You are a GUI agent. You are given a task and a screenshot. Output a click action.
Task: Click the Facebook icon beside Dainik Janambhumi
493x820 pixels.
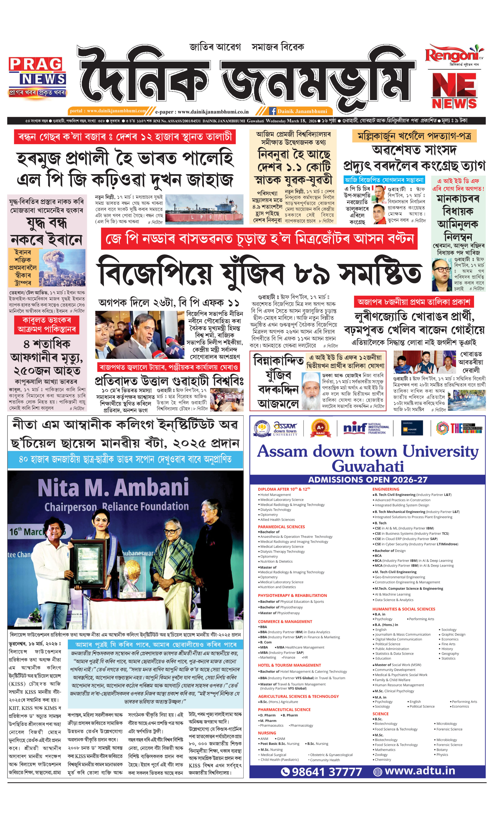click(273, 111)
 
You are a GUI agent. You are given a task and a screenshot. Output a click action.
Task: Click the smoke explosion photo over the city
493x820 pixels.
click(62, 268)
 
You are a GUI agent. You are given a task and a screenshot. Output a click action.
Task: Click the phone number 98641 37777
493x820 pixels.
click(322, 772)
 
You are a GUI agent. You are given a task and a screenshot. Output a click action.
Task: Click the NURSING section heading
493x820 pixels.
click(267, 733)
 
